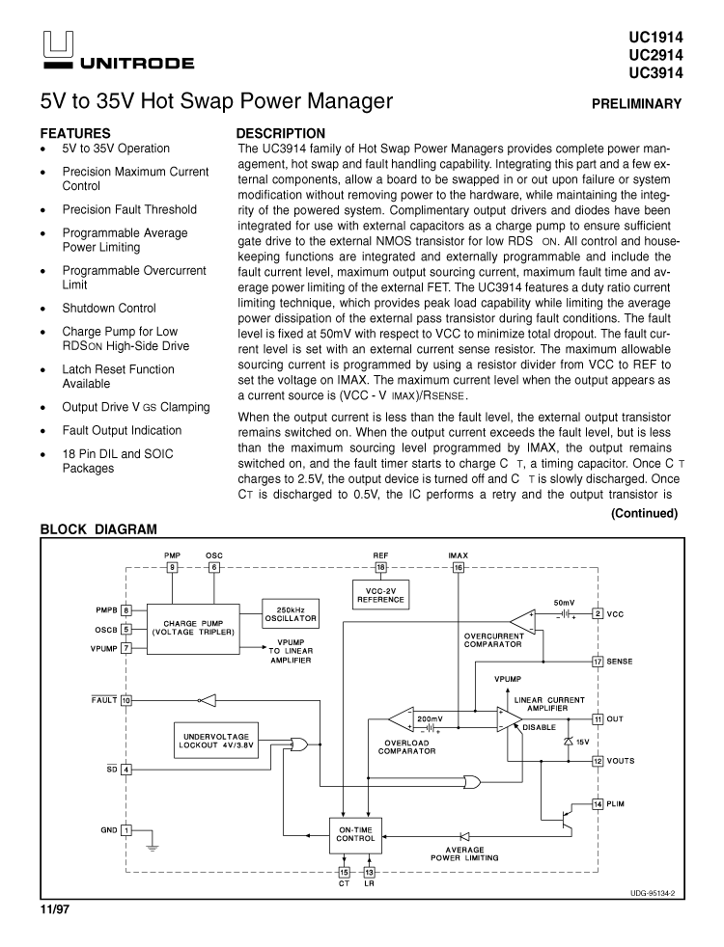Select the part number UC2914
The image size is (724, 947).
pyautogui.click(x=655, y=54)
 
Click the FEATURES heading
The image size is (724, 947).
pyautogui.click(x=74, y=133)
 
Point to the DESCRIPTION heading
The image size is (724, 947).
pyautogui.click(x=281, y=133)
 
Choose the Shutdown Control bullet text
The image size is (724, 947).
pyautogui.click(x=109, y=309)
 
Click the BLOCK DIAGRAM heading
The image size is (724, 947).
pyautogui.click(x=97, y=529)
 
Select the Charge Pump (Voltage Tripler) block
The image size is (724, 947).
pyautogui.click(x=193, y=628)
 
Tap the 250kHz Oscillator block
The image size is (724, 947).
pyautogui.click(x=291, y=614)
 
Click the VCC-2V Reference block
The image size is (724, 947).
pyautogui.click(x=380, y=594)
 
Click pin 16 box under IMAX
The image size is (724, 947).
pyautogui.click(x=459, y=568)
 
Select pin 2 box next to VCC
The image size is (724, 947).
pyautogui.click(x=598, y=613)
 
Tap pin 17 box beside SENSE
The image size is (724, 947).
pyautogui.click(x=598, y=662)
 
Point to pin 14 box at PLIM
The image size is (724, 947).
pyautogui.click(x=598, y=804)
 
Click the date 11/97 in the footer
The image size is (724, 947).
pyautogui.click(x=56, y=909)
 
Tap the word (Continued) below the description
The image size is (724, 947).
pyautogui.click(x=644, y=513)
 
